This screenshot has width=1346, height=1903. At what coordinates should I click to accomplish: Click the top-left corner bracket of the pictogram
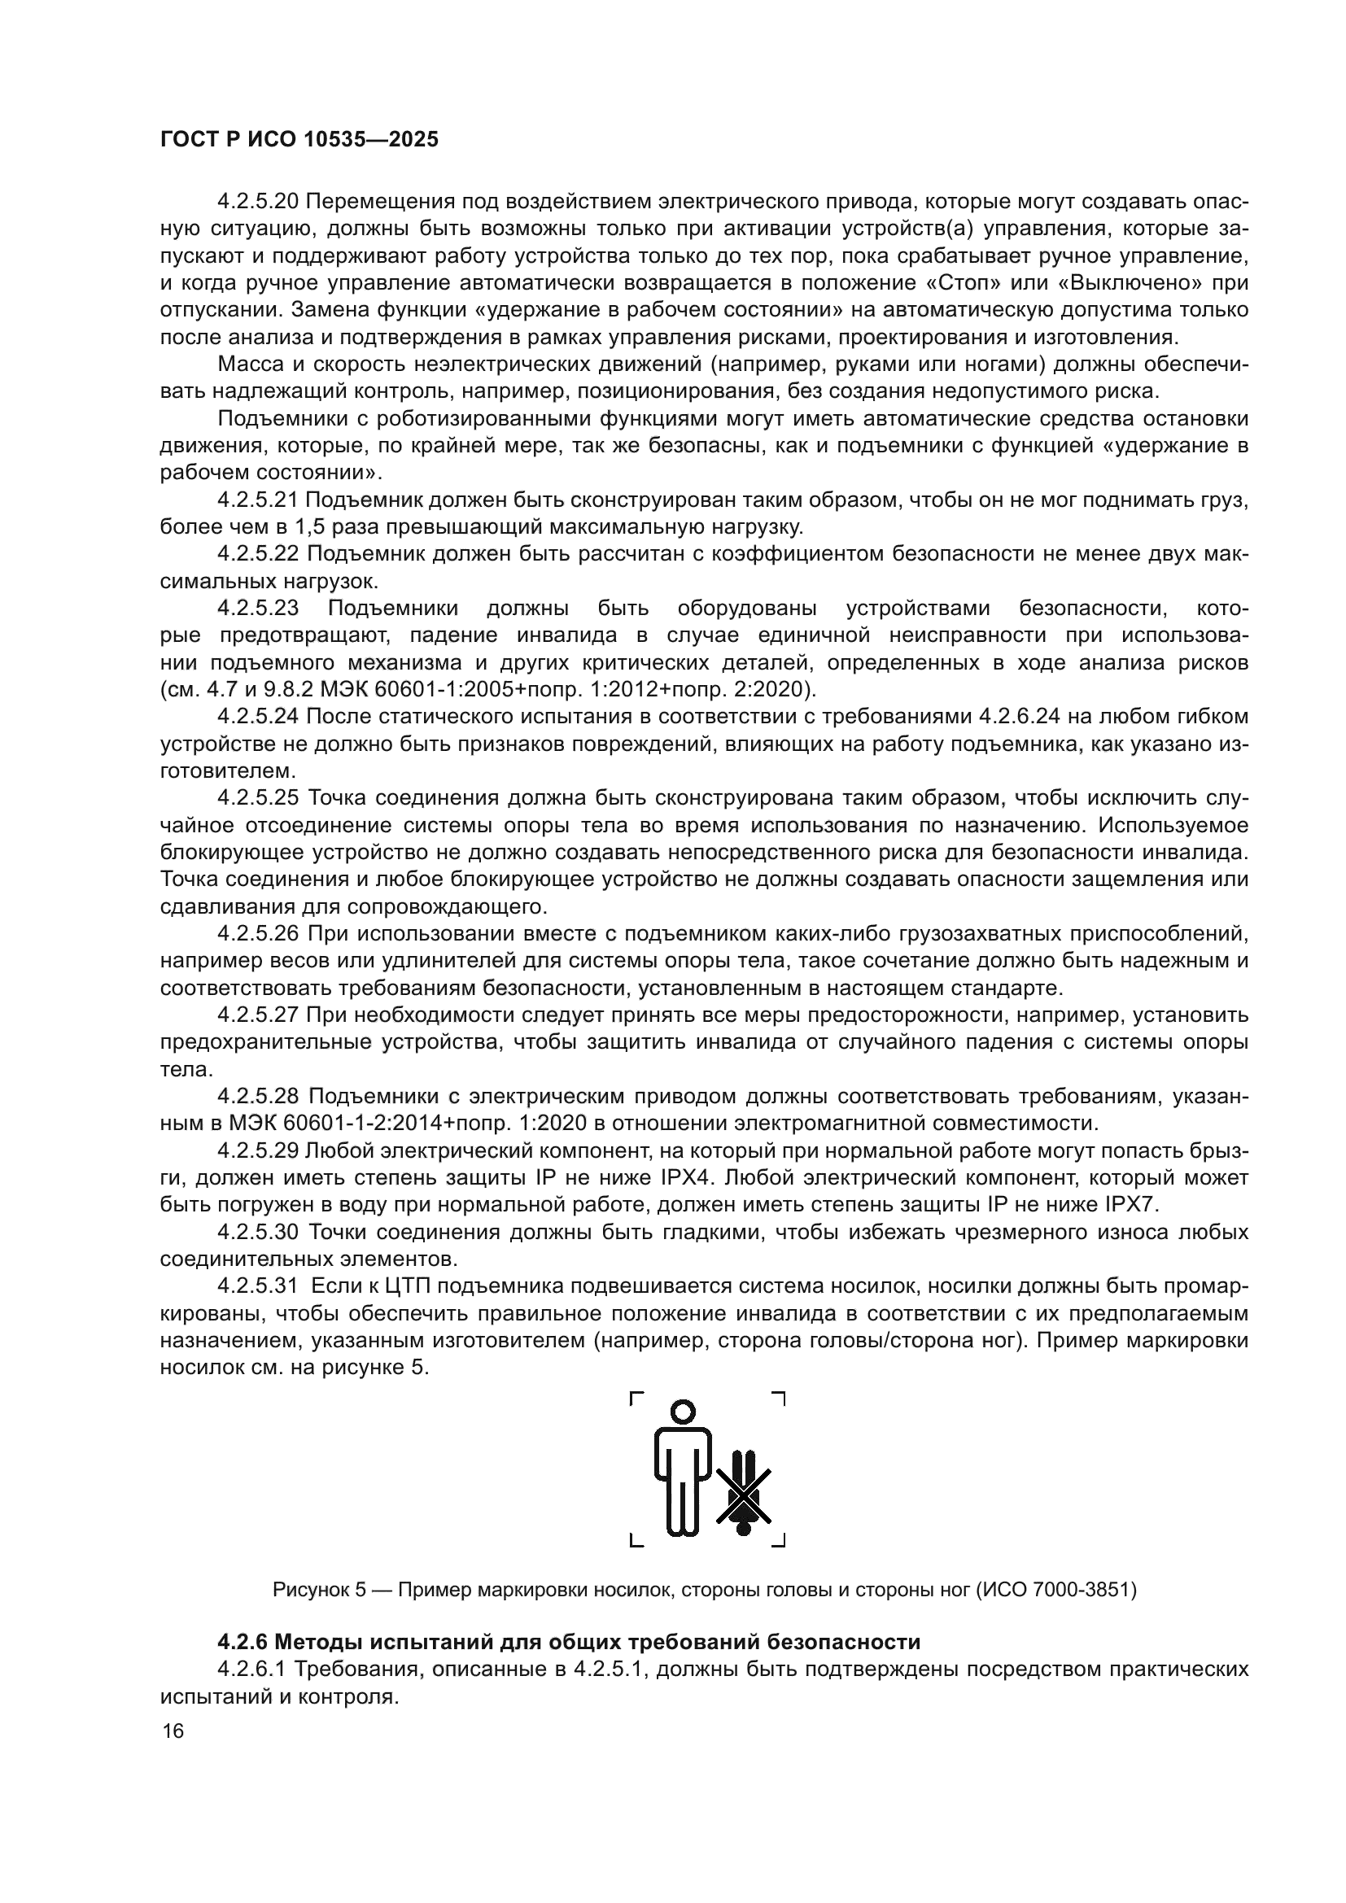click(636, 1399)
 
